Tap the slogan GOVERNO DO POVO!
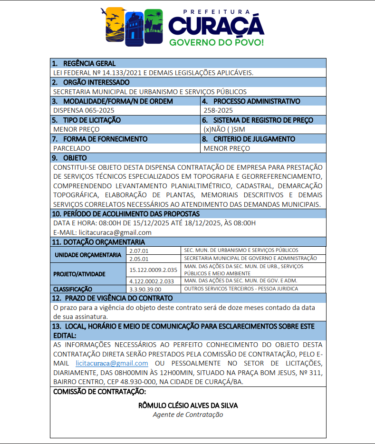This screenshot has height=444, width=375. (216, 43)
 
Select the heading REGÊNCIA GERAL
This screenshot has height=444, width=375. (89, 64)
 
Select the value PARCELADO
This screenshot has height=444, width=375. (72, 148)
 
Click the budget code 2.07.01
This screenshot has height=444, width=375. (139, 251)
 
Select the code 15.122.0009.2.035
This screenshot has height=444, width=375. (153, 270)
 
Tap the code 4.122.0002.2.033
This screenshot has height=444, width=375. (152, 281)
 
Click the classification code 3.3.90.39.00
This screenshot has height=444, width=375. (145, 289)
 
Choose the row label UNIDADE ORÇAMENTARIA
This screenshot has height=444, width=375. (88, 255)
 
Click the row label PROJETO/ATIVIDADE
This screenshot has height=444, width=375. (79, 274)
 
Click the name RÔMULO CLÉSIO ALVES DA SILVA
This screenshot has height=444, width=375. (188, 405)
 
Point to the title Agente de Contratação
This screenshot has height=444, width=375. (188, 415)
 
